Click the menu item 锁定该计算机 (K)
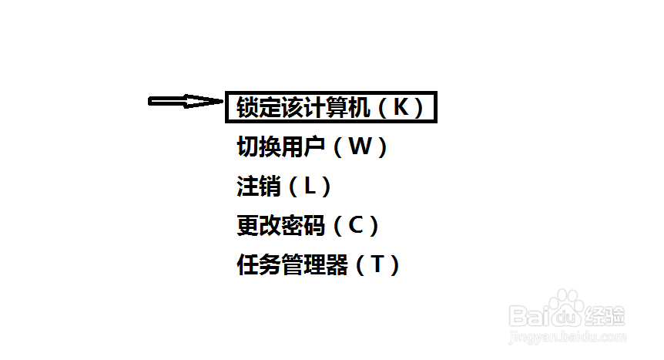click(x=331, y=107)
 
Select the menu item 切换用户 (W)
click(x=312, y=146)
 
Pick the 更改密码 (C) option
click(x=308, y=226)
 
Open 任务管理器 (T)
click(x=319, y=266)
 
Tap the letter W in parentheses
click(x=359, y=146)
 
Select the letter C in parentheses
click(x=354, y=226)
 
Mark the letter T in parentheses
click(x=377, y=266)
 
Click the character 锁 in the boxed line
click(x=247, y=107)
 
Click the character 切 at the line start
click(x=248, y=146)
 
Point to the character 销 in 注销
click(x=270, y=186)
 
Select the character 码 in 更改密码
click(x=314, y=226)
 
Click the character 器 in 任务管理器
click(x=337, y=266)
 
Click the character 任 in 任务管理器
click(x=248, y=266)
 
